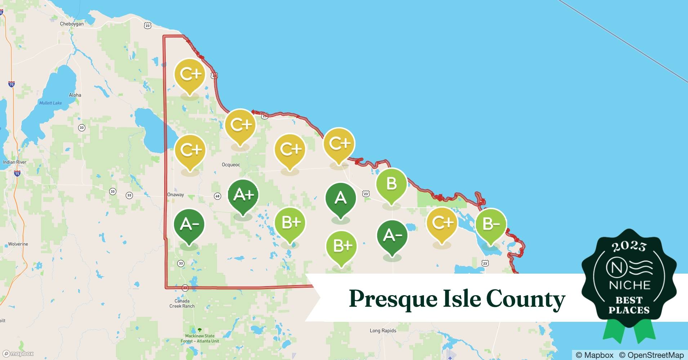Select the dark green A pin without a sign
tap(340, 199)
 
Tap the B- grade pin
tap(491, 225)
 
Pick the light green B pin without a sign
tap(391, 184)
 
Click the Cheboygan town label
tap(72, 24)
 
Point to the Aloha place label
tap(75, 95)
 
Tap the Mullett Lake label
tap(50, 103)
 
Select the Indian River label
tap(15, 162)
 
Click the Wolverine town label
tap(18, 244)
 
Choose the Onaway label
tap(176, 195)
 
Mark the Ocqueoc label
tap(231, 165)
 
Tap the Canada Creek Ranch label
tap(182, 303)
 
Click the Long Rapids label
tap(383, 330)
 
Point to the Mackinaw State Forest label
tap(200, 338)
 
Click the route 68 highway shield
tap(218, 196)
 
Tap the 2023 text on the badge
tap(629, 246)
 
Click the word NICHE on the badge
tap(629, 285)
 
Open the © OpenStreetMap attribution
tap(651, 355)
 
